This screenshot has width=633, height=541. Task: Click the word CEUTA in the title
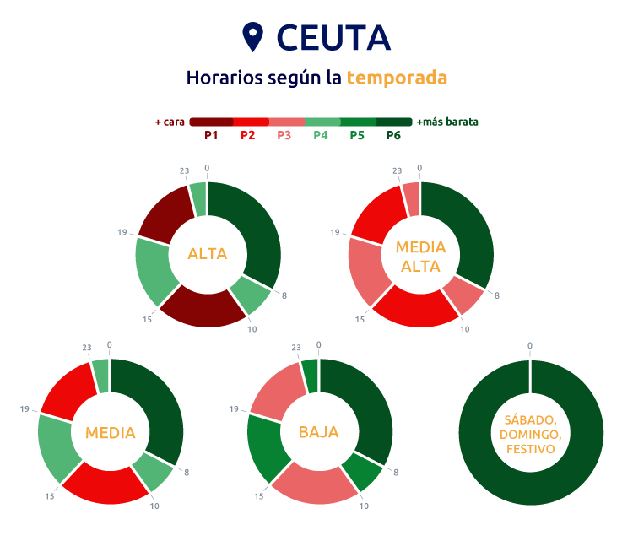point(334,37)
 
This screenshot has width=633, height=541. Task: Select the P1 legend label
point(212,135)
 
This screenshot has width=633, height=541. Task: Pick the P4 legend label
point(321,135)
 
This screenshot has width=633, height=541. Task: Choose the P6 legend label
point(393,135)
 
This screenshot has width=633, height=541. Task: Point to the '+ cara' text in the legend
point(170,122)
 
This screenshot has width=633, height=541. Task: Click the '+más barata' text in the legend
point(447,122)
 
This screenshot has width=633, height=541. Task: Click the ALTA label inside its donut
point(208,253)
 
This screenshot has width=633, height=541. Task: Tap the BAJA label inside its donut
point(318,432)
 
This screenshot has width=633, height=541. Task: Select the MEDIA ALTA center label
point(420,257)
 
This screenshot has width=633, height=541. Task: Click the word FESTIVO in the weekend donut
point(530,450)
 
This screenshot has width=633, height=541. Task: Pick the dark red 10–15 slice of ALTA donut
point(203,309)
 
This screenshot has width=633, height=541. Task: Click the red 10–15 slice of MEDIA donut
point(106,486)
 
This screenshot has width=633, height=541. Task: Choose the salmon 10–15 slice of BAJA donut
point(315,486)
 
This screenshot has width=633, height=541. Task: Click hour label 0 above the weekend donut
point(530,346)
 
